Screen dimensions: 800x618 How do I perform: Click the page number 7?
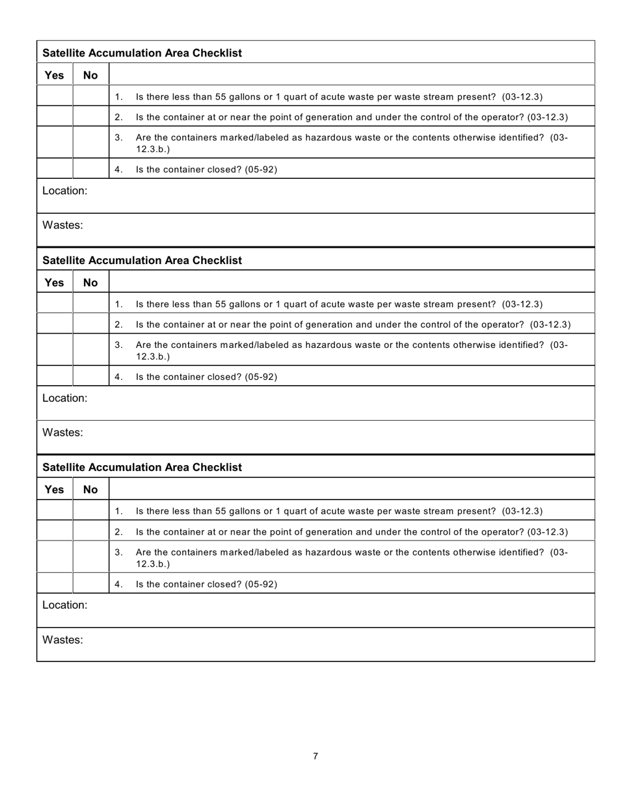[316, 756]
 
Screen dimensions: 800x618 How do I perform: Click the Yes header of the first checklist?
[54, 75]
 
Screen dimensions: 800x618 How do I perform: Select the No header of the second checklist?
[90, 282]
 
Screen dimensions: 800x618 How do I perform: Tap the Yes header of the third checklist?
[54, 489]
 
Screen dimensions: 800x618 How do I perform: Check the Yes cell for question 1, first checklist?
[55, 97]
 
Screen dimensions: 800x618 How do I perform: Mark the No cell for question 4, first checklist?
[90, 169]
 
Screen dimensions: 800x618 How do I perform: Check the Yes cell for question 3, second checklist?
[55, 350]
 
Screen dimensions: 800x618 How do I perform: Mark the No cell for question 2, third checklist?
[90, 531]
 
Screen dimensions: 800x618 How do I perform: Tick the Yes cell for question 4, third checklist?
[55, 583]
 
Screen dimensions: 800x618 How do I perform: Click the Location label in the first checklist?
[64, 191]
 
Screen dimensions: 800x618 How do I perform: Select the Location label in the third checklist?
[64, 605]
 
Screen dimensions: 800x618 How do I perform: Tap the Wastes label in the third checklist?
[62, 639]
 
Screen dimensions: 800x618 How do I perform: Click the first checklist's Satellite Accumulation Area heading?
[142, 53]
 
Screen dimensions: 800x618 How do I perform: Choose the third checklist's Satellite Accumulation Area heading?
[142, 467]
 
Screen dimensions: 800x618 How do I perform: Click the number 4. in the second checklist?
[118, 377]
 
